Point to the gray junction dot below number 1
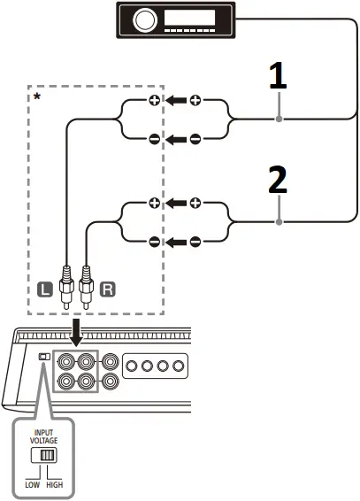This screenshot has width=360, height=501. (x=279, y=119)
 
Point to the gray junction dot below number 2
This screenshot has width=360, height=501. (x=279, y=222)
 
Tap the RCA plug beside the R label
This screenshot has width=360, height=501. (x=86, y=288)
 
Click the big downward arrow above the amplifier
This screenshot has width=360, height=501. (x=75, y=331)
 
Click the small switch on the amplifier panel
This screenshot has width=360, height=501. (x=44, y=358)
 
